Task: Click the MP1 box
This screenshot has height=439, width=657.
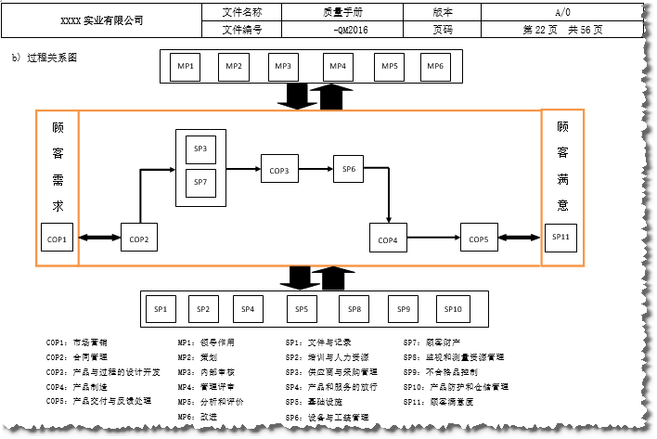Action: pyautogui.click(x=186, y=67)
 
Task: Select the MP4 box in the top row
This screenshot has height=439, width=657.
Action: pyautogui.click(x=338, y=67)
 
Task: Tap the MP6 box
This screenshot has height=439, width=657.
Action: pyautogui.click(x=435, y=67)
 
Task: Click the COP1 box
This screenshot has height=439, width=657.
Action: pyautogui.click(x=57, y=239)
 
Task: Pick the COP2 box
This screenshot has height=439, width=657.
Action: pyautogui.click(x=138, y=239)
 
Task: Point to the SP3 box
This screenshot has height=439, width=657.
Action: pyautogui.click(x=200, y=150)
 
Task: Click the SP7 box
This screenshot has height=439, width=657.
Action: pyautogui.click(x=200, y=182)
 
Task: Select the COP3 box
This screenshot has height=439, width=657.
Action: pyautogui.click(x=279, y=170)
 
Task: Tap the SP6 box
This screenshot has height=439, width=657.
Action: pyautogui.click(x=349, y=170)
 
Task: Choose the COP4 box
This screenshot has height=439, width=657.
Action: pyautogui.click(x=388, y=239)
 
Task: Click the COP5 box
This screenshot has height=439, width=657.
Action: pyautogui.click(x=478, y=239)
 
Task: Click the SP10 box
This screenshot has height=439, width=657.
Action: pyautogui.click(x=452, y=309)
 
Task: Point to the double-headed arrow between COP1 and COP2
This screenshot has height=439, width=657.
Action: pyautogui.click(x=98, y=239)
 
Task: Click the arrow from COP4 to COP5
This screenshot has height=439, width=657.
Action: pyautogui.click(x=432, y=239)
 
